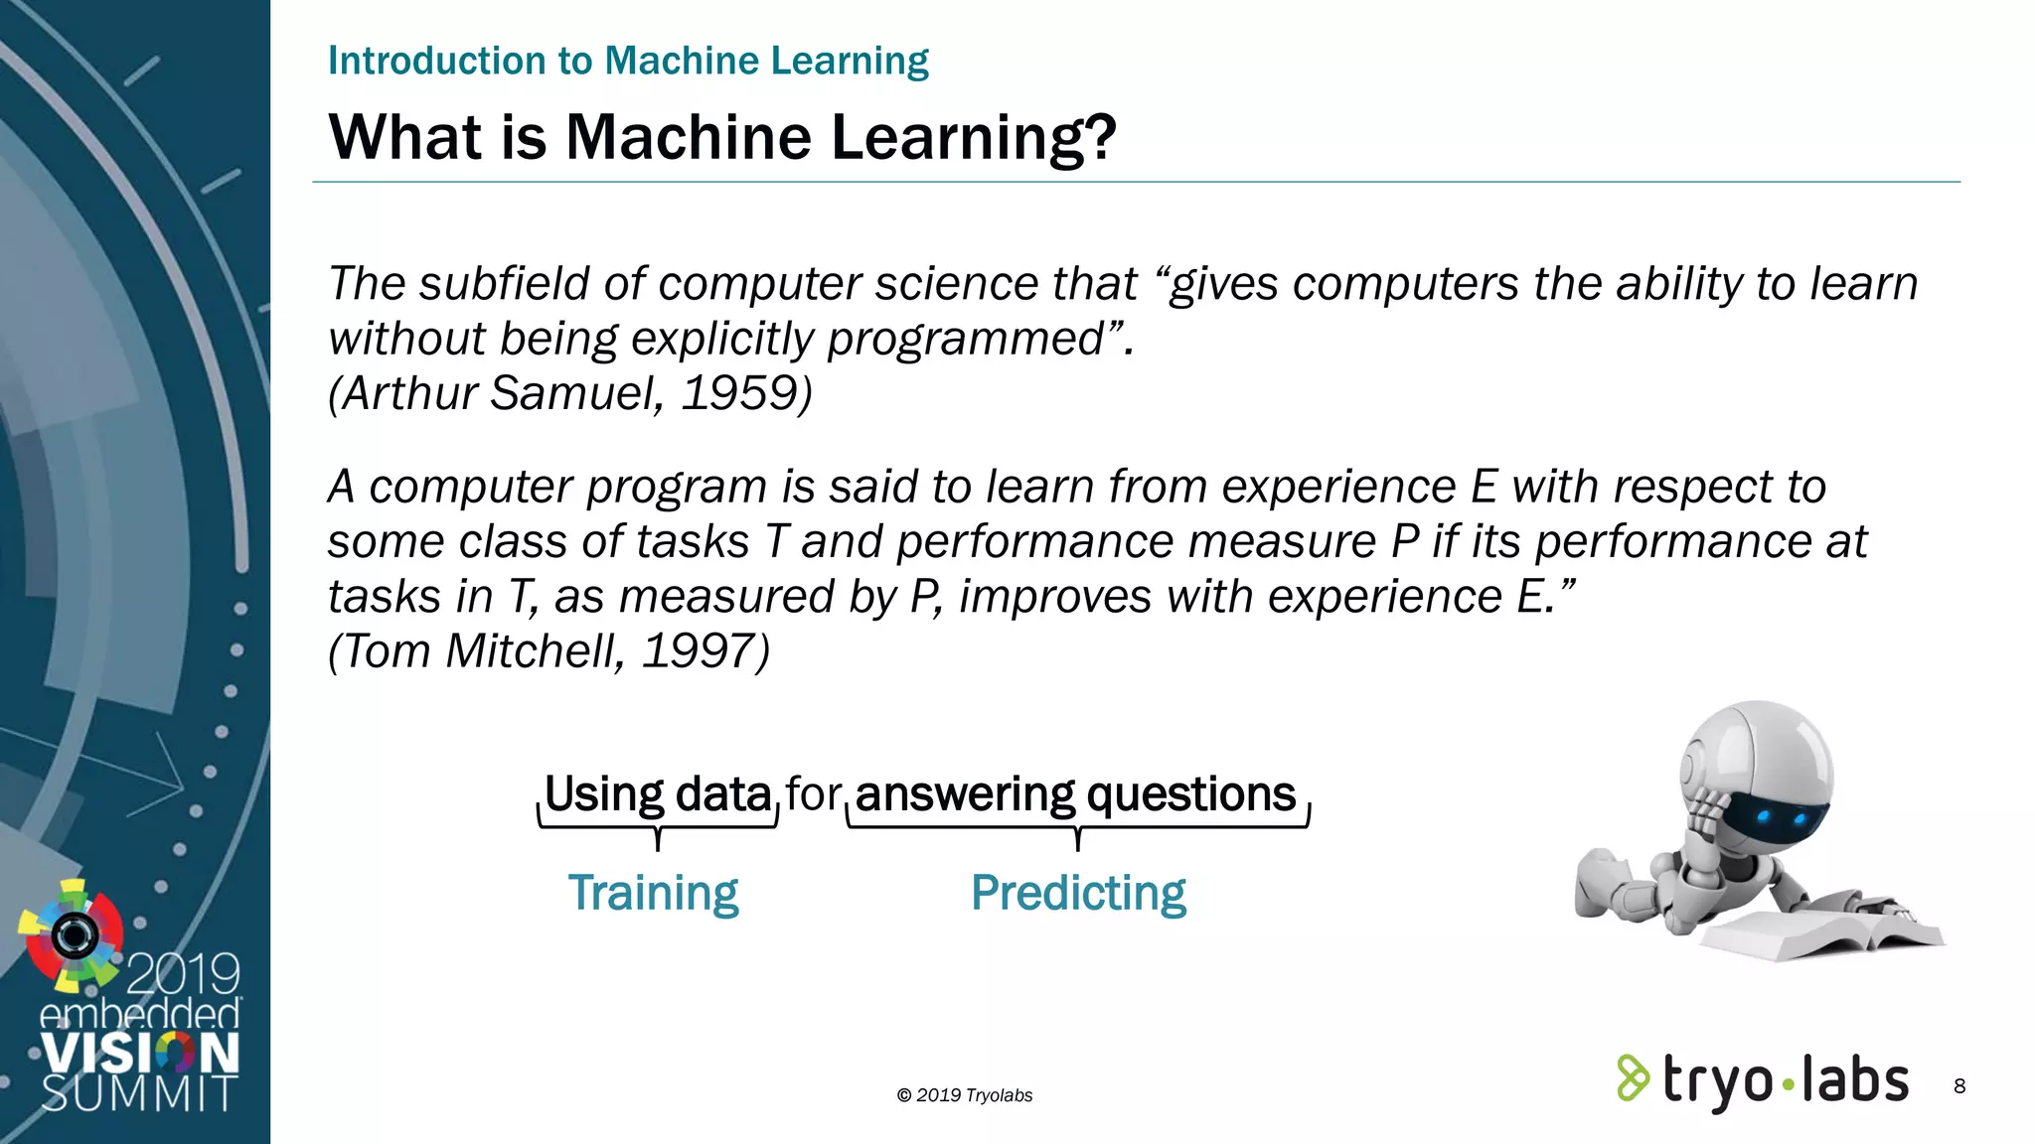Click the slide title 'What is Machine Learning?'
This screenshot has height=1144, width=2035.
point(722,137)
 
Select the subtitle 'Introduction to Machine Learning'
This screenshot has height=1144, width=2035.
point(628,61)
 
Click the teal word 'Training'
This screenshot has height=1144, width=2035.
point(653,893)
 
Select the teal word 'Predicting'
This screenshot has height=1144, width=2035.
point(1078,893)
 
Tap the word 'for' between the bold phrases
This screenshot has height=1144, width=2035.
point(813,794)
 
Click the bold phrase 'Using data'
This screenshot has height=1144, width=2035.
point(658,794)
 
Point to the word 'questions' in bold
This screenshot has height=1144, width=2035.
point(1190,794)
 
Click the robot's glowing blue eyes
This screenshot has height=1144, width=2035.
point(1781,818)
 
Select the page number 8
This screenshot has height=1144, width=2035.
point(1958,1085)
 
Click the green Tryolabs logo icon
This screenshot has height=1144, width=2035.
point(1633,1078)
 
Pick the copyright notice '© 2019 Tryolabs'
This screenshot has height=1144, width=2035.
point(965,1095)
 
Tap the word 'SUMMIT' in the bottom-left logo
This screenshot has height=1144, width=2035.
point(139,1094)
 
